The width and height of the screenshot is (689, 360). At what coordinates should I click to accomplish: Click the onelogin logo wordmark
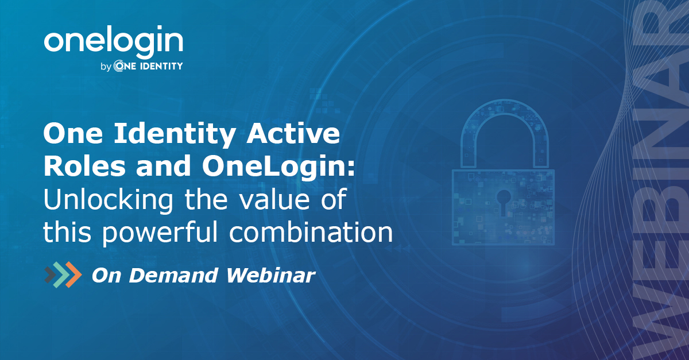[x=113, y=41]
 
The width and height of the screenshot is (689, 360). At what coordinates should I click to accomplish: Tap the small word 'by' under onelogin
[x=105, y=67]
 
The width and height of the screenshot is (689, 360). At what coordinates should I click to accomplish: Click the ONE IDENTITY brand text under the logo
[x=148, y=67]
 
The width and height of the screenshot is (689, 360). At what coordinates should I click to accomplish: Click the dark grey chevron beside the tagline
[x=51, y=274]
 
